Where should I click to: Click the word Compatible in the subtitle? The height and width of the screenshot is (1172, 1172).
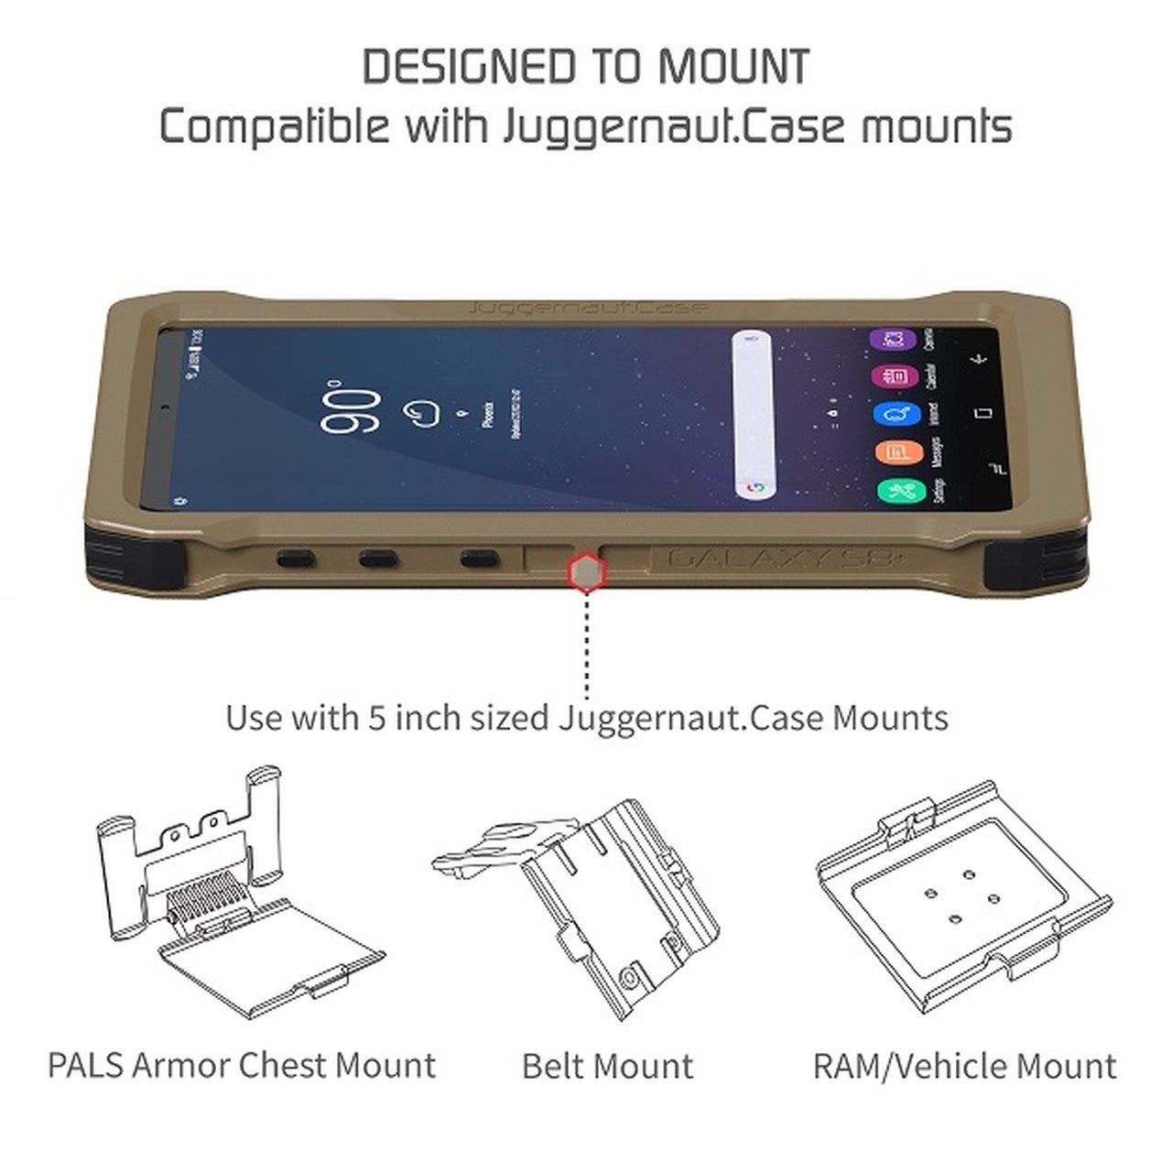274,125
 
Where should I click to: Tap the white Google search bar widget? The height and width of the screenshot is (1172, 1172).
754,415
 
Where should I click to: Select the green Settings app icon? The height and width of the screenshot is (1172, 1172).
895,493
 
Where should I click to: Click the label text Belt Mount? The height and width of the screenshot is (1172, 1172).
607,1066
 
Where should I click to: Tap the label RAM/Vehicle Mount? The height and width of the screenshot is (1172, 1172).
964,1066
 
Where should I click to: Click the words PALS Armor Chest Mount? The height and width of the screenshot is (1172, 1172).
242,1065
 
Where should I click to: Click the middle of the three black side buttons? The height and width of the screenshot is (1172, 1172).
379,557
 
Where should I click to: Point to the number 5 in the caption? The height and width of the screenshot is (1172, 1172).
375,717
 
